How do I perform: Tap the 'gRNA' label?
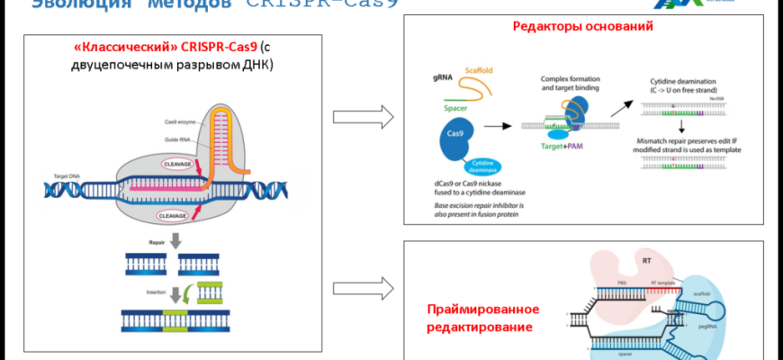point(445,79)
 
